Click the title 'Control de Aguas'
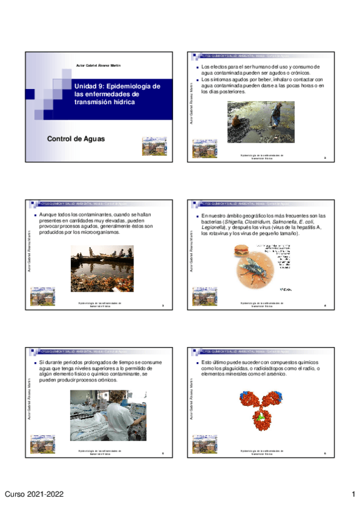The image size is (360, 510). [76, 139]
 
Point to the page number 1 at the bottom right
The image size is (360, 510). [354, 494]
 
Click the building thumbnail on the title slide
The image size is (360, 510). [150, 147]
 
